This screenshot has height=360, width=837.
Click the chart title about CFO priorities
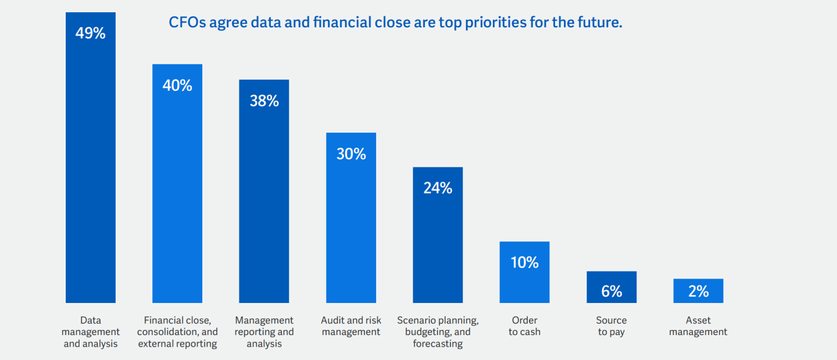click(395, 23)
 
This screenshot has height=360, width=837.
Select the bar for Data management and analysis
click(90, 174)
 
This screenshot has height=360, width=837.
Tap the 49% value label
click(90, 33)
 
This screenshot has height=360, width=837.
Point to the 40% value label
click(177, 85)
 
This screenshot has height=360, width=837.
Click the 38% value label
click(264, 101)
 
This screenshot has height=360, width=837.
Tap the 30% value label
click(351, 154)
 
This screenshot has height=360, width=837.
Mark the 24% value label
click(438, 188)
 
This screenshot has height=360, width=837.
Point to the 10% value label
click(524, 262)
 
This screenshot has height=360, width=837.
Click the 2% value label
click(698, 291)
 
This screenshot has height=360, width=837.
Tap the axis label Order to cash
click(524, 326)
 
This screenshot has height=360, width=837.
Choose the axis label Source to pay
click(611, 326)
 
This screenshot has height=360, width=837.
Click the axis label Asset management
click(698, 326)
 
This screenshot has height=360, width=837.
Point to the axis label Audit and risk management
click(351, 326)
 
